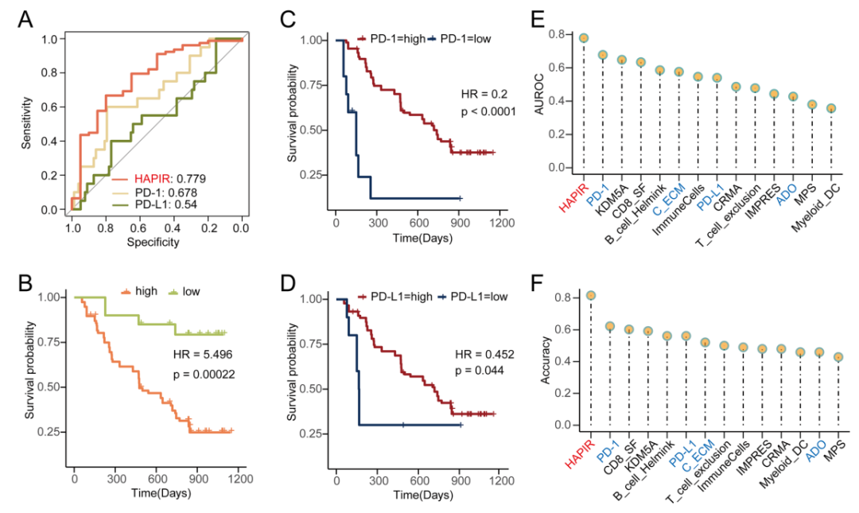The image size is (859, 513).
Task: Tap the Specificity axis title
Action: tap(156, 241)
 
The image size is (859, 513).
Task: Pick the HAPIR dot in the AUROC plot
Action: tap(584, 38)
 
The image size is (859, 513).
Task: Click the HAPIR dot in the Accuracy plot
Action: tap(591, 296)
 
